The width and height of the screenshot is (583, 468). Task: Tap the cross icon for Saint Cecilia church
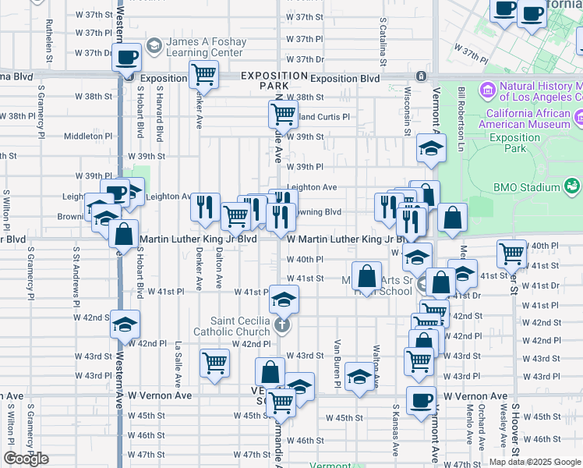(282, 326)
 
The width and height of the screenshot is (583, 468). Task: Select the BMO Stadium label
(527, 187)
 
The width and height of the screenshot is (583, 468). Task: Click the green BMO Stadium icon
(573, 186)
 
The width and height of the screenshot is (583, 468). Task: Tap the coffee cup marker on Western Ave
(126, 57)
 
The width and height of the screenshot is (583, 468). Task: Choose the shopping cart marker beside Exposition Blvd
(203, 75)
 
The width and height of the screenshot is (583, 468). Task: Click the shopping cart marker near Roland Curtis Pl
(282, 114)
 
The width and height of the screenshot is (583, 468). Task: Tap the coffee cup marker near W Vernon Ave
(422, 400)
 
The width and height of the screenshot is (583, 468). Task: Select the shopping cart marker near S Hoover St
(511, 253)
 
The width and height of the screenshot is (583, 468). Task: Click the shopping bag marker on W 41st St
(366, 275)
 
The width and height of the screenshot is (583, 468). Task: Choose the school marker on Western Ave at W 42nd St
(125, 324)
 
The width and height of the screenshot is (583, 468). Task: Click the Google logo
(26, 459)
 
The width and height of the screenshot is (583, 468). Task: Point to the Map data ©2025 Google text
(535, 462)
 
